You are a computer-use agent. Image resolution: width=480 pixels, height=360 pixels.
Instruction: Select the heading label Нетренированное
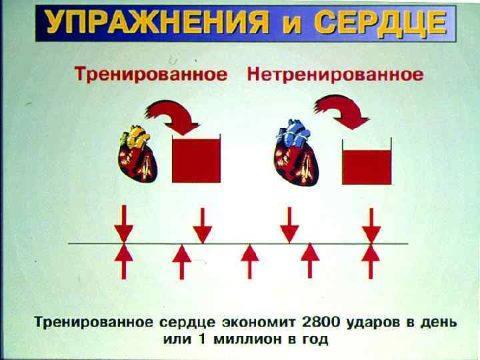pos(335,74)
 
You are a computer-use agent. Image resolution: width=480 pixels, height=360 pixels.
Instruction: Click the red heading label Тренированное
pos(151,74)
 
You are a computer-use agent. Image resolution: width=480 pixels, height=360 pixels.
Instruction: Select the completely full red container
pos(196,159)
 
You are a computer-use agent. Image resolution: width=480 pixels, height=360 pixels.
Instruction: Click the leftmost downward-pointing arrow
pos(123,223)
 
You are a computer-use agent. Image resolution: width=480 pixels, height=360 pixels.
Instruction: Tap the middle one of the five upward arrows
pos(250,261)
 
